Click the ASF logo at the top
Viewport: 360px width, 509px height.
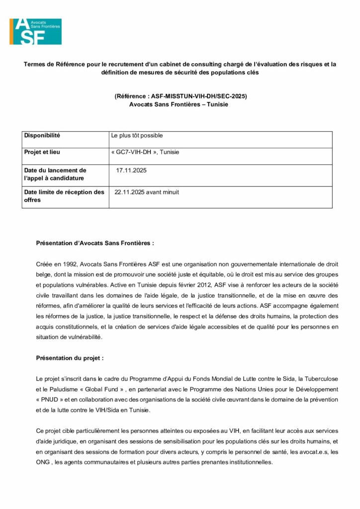35,31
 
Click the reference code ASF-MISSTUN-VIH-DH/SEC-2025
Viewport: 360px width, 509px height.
199,96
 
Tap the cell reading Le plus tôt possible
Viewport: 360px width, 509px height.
137,135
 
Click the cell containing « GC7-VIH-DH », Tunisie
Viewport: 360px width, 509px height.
145,152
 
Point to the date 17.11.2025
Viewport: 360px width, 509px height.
131,170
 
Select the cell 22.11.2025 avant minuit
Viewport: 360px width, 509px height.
147,192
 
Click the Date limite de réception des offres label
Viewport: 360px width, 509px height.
64,196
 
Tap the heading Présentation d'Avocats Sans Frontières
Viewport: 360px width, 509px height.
95,244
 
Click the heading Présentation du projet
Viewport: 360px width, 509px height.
70,358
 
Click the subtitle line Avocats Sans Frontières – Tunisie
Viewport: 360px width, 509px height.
179,104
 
